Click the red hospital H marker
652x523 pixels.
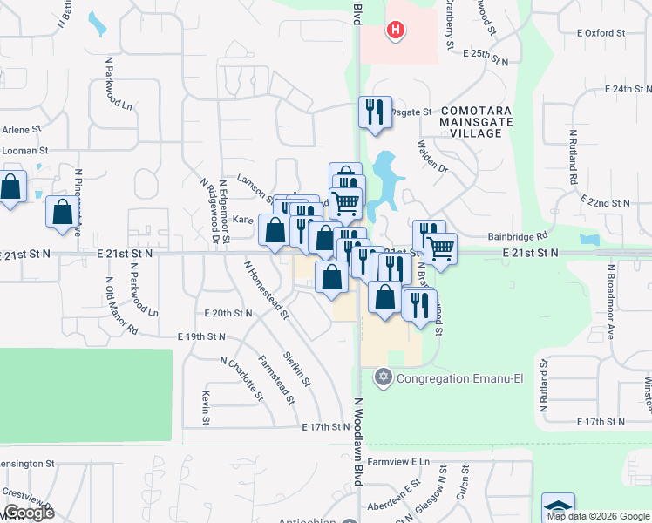pos(397,31)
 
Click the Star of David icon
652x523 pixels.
pos(382,377)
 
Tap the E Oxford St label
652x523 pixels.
pos(601,33)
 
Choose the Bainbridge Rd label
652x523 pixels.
pos(518,235)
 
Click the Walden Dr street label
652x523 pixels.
pos(432,157)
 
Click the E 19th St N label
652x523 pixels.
pos(201,336)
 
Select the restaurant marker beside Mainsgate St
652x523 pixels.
pos(375,112)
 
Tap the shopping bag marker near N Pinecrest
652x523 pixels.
pos(63,212)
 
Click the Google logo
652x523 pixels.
pos(29,513)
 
